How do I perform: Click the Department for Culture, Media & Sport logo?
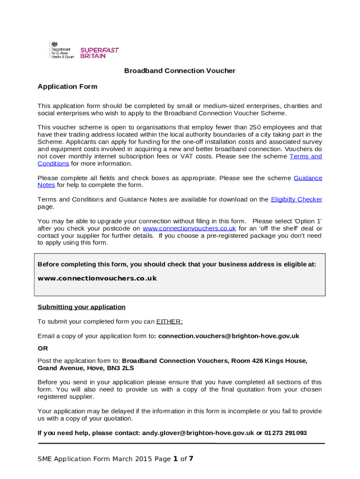click(61, 51)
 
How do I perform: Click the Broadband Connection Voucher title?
click(180, 71)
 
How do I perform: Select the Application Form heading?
click(67, 87)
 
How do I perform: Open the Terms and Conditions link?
click(306, 156)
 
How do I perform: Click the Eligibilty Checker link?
click(296, 199)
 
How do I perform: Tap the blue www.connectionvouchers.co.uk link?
click(189, 228)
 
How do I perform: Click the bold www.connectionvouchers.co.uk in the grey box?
click(97, 278)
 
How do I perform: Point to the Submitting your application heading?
click(81, 307)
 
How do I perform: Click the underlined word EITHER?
click(170, 321)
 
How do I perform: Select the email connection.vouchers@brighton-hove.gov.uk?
click(229, 336)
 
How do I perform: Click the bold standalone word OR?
click(43, 348)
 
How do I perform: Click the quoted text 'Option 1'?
click(307, 221)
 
